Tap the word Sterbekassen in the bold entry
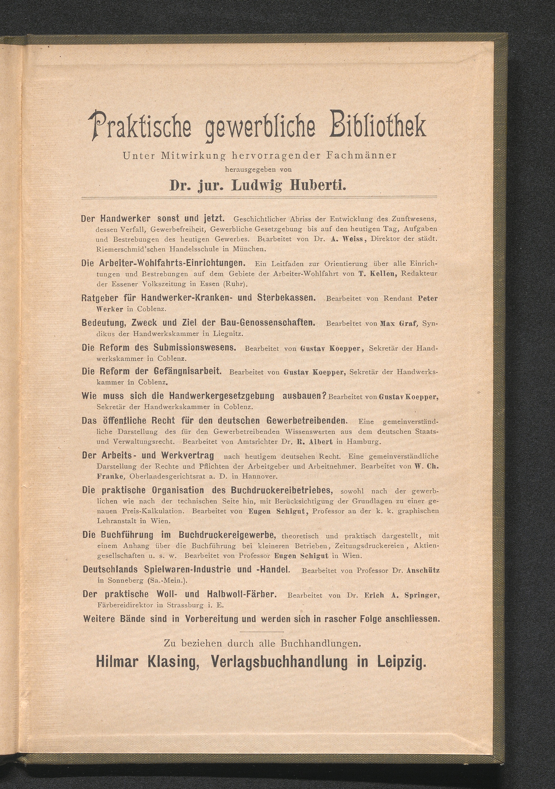click(286, 298)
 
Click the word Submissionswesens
click(195, 347)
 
